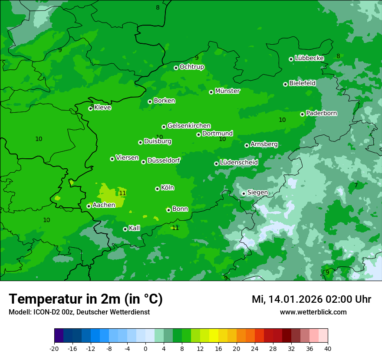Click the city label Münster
click(x=227, y=91)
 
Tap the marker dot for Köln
click(x=157, y=189)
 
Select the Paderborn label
click(x=321, y=113)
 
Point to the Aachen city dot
click(x=89, y=206)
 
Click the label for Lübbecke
click(x=309, y=58)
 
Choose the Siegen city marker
click(x=244, y=193)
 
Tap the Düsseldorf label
click(x=164, y=160)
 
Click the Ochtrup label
click(x=191, y=67)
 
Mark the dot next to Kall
click(x=125, y=229)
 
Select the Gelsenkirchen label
click(x=189, y=126)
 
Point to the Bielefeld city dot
click(x=285, y=84)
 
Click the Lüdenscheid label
click(x=239, y=163)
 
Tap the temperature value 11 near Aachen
click(x=122, y=193)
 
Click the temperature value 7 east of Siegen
click(x=356, y=185)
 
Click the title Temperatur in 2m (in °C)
click(x=86, y=299)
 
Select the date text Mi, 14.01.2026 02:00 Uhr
click(x=311, y=299)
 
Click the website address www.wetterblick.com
click(x=313, y=312)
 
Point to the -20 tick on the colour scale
click(x=54, y=348)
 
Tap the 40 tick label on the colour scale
click(x=327, y=348)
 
